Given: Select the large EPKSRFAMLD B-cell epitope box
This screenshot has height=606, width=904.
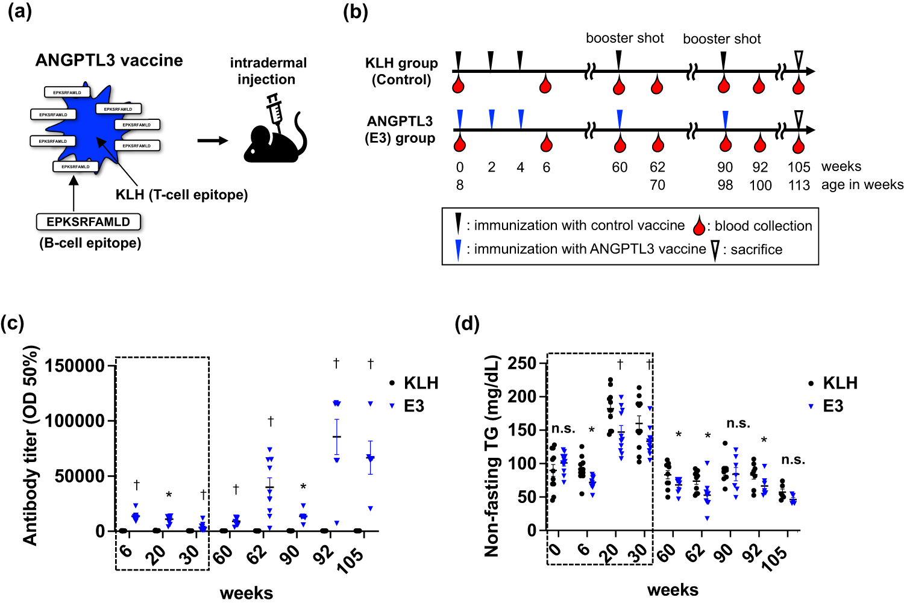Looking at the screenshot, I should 89,222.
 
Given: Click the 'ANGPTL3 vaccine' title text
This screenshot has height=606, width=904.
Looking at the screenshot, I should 109,60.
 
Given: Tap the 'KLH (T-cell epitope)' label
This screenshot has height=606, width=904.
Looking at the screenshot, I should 181,195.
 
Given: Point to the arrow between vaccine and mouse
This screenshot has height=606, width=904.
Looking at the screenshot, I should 213,141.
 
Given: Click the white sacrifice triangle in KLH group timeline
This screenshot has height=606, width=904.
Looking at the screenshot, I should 799,58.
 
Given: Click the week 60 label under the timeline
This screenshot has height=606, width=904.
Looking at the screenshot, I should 620,167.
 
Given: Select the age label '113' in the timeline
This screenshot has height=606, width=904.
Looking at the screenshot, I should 799,186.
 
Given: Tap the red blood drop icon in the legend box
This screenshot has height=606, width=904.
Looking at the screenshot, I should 699,226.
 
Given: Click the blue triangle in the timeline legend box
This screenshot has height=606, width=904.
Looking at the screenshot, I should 459,249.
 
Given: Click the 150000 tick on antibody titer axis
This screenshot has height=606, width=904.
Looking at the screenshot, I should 75,366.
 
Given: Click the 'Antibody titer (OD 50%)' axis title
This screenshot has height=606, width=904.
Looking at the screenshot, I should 30,446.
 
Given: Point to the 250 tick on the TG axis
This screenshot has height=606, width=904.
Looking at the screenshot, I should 522,363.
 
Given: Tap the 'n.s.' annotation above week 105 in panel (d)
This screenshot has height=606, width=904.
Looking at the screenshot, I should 793,460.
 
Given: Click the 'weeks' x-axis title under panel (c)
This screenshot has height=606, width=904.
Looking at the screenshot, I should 246,593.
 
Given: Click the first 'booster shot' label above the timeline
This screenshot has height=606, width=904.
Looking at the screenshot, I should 625,39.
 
